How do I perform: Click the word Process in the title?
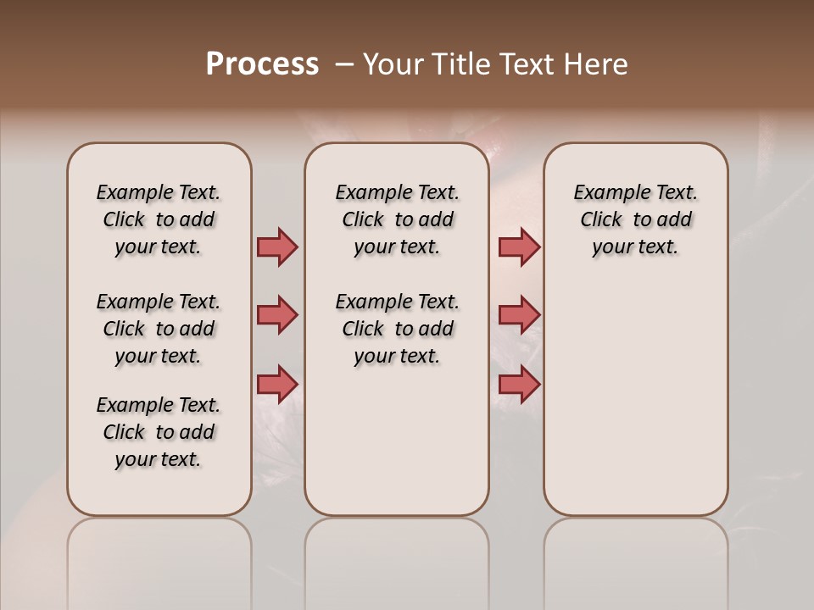pyautogui.click(x=262, y=64)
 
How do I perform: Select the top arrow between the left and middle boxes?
pyautogui.click(x=277, y=247)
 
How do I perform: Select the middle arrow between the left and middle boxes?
pyautogui.click(x=277, y=315)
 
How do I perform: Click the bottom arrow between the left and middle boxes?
pyautogui.click(x=277, y=384)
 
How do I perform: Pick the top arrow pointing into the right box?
pyautogui.click(x=519, y=247)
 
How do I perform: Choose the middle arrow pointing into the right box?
pyautogui.click(x=519, y=315)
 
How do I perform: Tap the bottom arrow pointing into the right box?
pyautogui.click(x=519, y=384)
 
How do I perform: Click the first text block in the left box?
pyautogui.click(x=159, y=219)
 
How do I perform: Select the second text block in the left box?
pyautogui.click(x=159, y=329)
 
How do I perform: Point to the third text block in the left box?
pyautogui.click(x=159, y=432)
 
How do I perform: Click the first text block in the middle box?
pyautogui.click(x=397, y=219)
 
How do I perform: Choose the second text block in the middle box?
pyautogui.click(x=397, y=329)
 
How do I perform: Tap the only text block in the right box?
pyautogui.click(x=635, y=219)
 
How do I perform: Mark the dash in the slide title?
pyautogui.click(x=344, y=64)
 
